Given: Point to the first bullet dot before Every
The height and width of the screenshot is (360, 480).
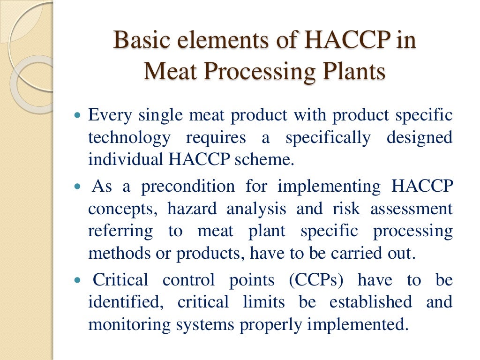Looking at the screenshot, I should (x=78, y=114).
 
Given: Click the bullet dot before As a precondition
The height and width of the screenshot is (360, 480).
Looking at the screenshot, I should (x=78, y=187).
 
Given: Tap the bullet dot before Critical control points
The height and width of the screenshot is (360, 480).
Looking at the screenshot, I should (x=78, y=280).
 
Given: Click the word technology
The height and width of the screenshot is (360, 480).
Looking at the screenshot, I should (x=129, y=138).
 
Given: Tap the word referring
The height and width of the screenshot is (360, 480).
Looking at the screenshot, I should (x=120, y=232).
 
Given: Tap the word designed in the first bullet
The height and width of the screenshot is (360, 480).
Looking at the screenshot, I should (x=420, y=138).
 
